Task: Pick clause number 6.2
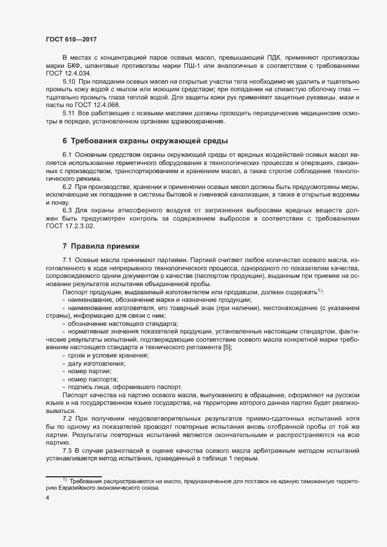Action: (67, 186)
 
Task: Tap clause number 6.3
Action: (67, 209)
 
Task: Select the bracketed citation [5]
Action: (227, 348)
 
